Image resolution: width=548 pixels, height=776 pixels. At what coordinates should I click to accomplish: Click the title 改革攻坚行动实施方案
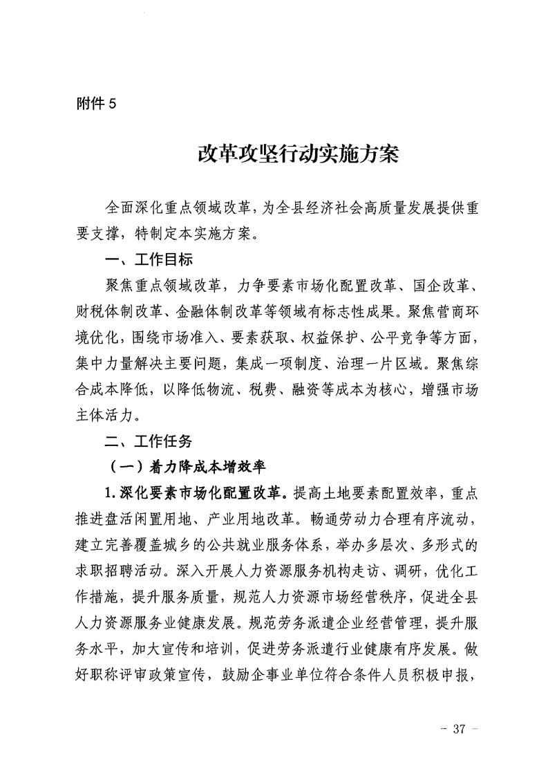pos(299,154)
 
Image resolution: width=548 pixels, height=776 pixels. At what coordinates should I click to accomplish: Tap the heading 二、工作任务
pos(147,440)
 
